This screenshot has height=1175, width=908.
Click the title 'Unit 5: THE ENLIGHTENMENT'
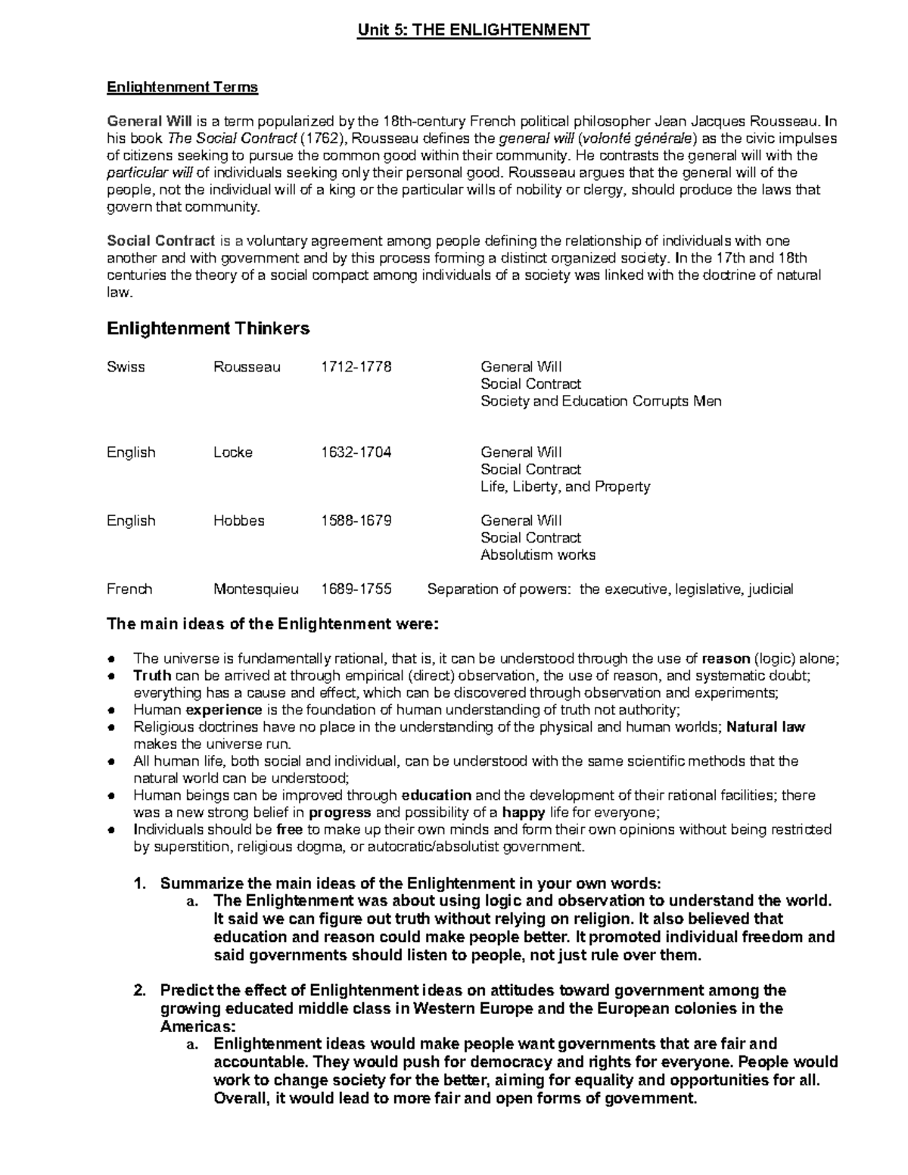[x=474, y=30]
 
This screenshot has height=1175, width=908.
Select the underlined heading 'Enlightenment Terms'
[x=182, y=87]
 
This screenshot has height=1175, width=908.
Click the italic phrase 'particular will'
[x=150, y=173]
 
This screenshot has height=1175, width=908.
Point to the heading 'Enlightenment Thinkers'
[x=208, y=328]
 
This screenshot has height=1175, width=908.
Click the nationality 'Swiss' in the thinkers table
[x=126, y=367]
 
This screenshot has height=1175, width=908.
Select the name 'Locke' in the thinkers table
[x=233, y=452]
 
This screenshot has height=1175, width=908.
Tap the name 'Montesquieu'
[x=256, y=589]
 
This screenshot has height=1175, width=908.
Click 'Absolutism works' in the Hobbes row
[x=537, y=555]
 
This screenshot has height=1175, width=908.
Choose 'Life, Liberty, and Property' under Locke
[x=565, y=486]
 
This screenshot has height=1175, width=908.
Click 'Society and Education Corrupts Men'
[x=601, y=401]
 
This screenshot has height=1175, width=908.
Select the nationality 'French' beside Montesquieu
[x=129, y=589]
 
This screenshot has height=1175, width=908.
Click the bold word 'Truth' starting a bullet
[x=152, y=676]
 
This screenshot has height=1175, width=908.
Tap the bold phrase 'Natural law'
[x=766, y=727]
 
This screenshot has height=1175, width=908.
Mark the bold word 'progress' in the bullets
[x=340, y=813]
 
